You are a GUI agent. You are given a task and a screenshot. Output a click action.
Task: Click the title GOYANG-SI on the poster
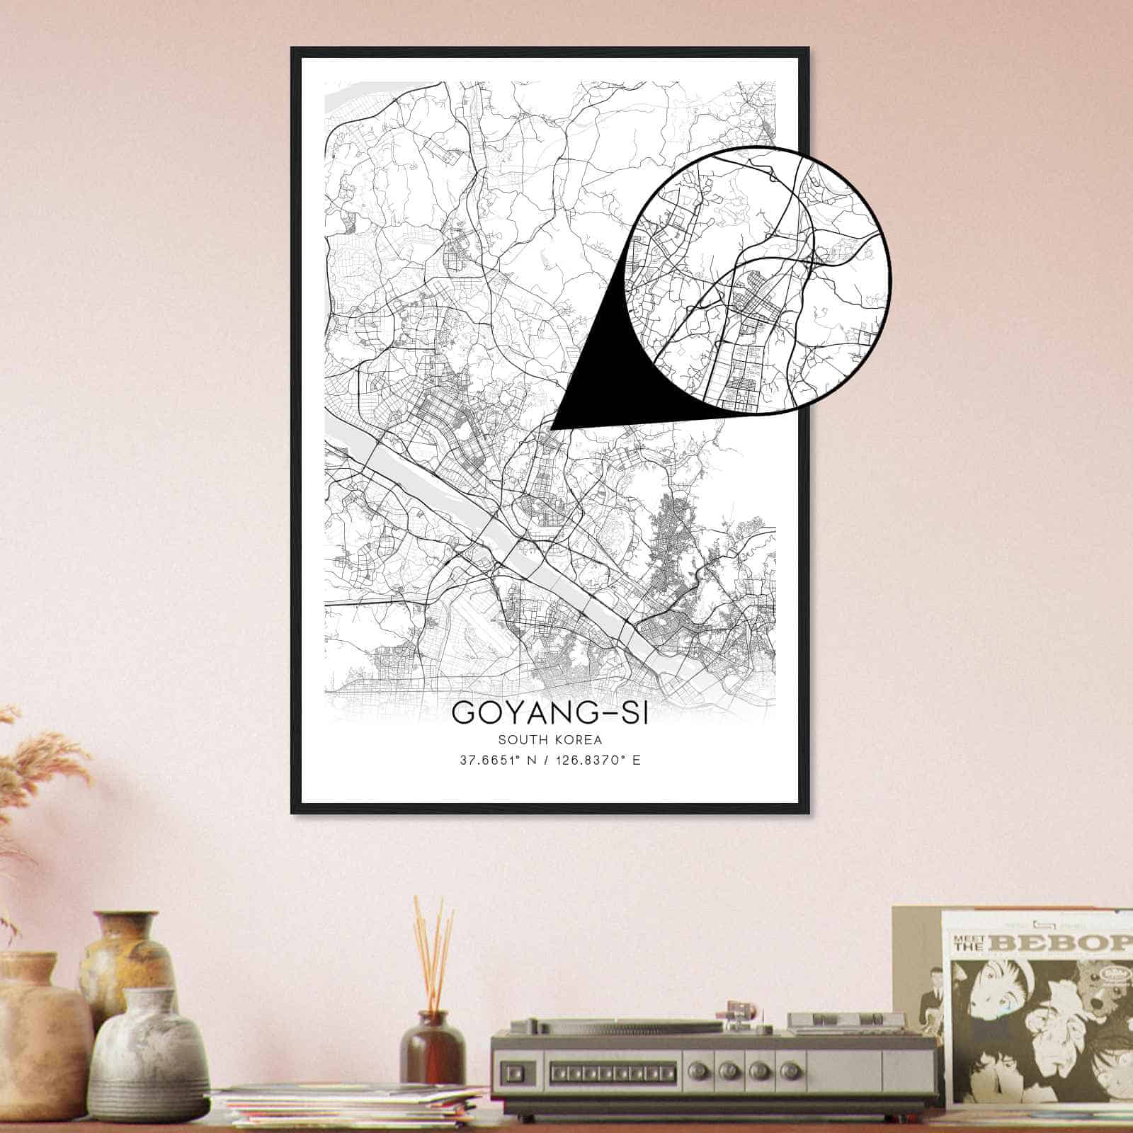point(550,712)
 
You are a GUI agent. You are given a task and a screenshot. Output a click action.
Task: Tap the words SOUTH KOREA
point(550,741)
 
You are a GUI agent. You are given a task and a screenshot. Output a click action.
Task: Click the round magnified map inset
point(758,279)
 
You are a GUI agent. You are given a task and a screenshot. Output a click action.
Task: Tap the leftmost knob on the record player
point(722,1069)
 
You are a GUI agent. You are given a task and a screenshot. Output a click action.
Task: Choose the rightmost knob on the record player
point(786,1069)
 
